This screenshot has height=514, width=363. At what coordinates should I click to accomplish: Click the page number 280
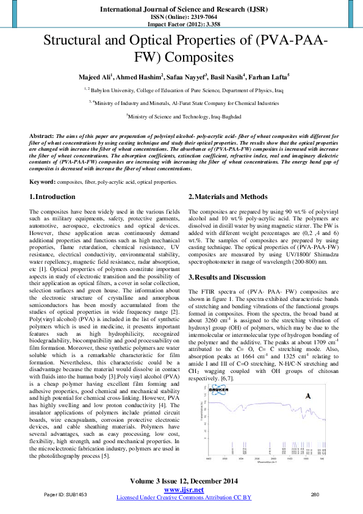coord(315,494)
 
